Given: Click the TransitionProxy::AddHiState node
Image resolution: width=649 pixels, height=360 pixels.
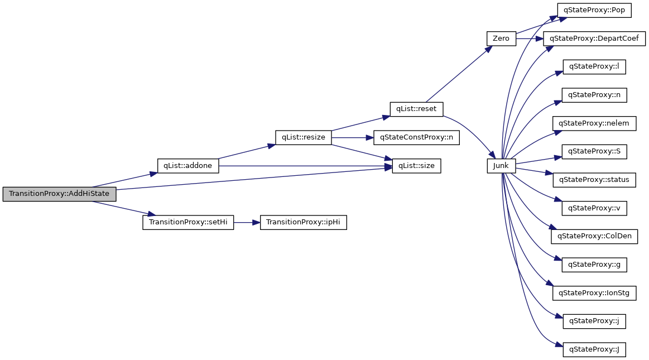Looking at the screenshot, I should [59, 195].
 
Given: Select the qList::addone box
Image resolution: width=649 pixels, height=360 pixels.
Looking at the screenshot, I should [188, 166].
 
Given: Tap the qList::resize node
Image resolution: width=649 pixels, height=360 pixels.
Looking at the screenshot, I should [303, 137].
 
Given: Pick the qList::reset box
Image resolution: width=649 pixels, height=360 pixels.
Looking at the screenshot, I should [416, 109].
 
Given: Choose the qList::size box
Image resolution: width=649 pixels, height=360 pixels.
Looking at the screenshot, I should [416, 166].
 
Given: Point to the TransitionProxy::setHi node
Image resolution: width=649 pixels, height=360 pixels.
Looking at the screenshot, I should [188, 222].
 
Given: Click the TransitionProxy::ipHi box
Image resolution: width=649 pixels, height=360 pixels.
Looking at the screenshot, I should [304, 222].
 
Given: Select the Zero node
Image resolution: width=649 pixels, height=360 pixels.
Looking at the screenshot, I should [501, 39].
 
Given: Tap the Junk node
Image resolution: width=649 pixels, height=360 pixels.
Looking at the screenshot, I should [501, 166].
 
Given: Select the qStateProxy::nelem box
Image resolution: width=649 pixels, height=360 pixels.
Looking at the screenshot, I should [594, 123].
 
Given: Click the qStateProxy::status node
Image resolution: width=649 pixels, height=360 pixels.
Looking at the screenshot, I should [594, 180].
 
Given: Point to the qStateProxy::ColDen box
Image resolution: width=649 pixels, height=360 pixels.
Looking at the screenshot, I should [594, 236].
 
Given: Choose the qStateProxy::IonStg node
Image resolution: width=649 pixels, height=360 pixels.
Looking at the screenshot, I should [594, 293].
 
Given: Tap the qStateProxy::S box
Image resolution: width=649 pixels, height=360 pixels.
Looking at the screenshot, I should [594, 151].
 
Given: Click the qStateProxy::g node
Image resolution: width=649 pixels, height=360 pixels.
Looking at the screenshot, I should [594, 265].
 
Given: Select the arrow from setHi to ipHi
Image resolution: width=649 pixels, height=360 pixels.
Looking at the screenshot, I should [247, 222].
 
